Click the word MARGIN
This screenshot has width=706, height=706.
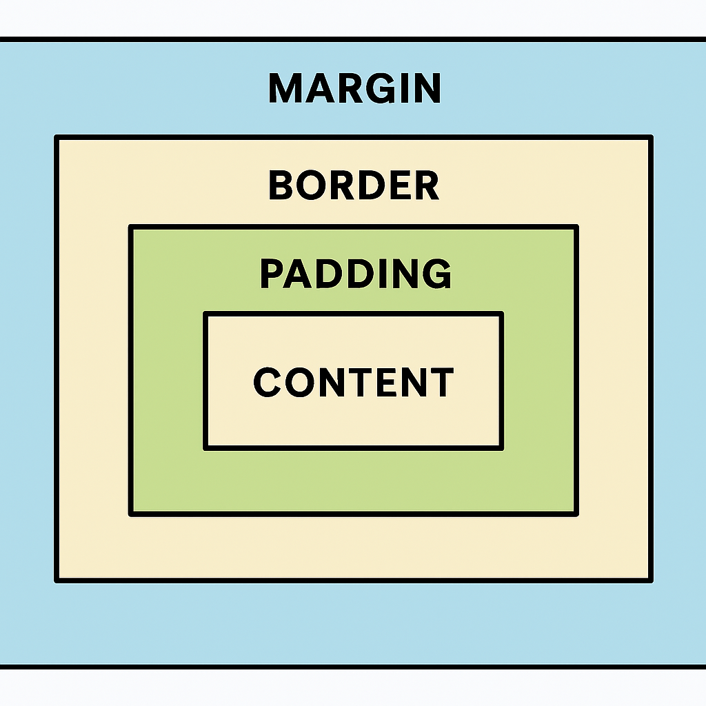(x=355, y=88)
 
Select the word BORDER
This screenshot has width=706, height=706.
(x=354, y=185)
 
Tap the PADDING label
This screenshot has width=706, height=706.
(x=356, y=273)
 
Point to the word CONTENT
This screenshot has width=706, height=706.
(x=354, y=382)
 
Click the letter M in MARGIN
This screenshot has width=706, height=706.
(x=285, y=88)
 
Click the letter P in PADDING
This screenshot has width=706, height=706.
(x=272, y=274)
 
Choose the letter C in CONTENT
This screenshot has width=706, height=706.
(x=268, y=382)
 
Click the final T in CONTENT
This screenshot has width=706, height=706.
(x=441, y=382)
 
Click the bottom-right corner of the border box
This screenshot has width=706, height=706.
(x=651, y=581)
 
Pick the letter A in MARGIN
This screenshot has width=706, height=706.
(x=319, y=88)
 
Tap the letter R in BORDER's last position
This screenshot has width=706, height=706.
(x=427, y=185)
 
